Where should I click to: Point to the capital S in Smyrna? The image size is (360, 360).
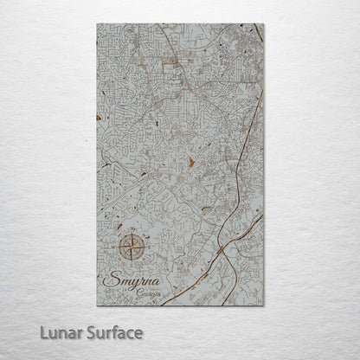108,280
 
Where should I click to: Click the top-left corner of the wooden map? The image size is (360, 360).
97,24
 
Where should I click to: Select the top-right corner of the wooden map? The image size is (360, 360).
265,24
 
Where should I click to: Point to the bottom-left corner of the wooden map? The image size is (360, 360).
97,305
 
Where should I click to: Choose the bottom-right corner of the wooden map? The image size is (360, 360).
265,305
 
